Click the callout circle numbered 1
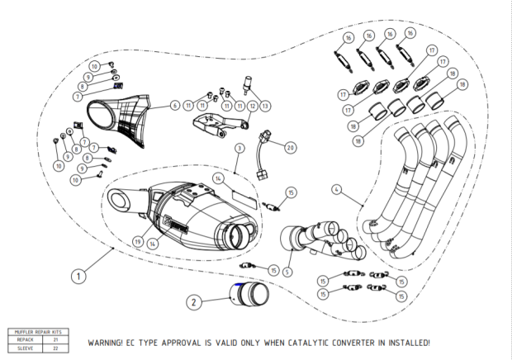click(78, 276)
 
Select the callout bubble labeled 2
click(194, 302)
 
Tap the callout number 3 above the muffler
click(239, 148)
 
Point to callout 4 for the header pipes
click(337, 190)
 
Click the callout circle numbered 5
click(287, 272)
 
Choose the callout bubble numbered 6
click(175, 106)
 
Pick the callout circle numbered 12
click(253, 106)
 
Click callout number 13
click(265, 106)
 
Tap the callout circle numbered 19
click(138, 242)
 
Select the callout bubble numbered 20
click(291, 148)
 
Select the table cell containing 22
click(55, 348)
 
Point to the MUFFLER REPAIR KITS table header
click(38, 332)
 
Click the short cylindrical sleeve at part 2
click(249, 295)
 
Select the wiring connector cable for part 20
click(263, 155)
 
